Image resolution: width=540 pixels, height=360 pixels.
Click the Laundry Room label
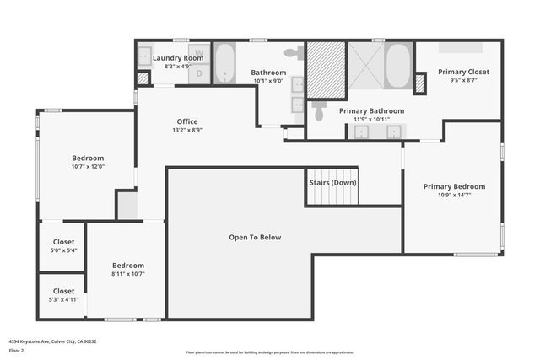pos(178,57)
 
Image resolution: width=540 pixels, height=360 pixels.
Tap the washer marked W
pos(200,53)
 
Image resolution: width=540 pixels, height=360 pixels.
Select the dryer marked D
pos(200,73)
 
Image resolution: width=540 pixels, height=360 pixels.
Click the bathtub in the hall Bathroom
pos(224,64)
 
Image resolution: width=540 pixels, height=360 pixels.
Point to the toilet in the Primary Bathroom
pos(318,110)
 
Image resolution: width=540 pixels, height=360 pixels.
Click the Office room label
pos(186,121)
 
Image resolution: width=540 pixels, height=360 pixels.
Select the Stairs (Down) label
pos(332,183)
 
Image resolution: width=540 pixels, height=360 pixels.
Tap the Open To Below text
pos(255,237)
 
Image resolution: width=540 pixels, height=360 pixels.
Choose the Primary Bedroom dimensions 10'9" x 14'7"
pos(454,196)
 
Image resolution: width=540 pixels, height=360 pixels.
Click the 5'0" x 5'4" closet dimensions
pos(62,250)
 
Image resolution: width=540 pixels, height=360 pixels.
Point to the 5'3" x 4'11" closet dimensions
pos(62,299)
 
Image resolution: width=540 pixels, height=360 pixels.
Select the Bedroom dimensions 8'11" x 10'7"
pos(128,273)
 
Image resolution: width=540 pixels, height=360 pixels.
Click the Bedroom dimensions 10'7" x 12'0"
pos(88,166)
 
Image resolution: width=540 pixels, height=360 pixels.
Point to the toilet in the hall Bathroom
pos(291,53)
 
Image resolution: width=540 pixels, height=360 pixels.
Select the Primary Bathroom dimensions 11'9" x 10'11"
pos(371,119)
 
